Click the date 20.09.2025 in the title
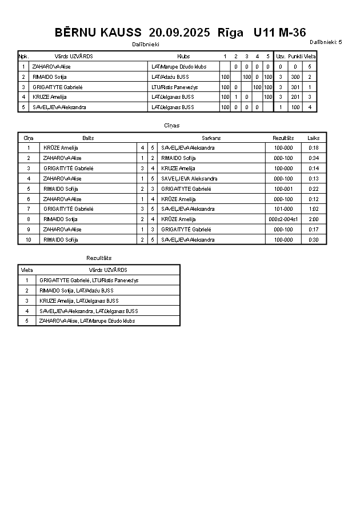[x=179, y=33]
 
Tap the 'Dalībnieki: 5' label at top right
[x=326, y=42]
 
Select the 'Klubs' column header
[x=183, y=57]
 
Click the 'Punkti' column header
[x=295, y=57]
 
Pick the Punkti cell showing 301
[x=295, y=87]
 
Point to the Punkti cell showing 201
[x=295, y=97]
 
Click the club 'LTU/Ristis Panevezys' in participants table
[x=174, y=87]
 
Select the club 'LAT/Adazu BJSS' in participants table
[x=170, y=77]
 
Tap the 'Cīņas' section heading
[x=171, y=125]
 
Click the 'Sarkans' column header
[x=211, y=138]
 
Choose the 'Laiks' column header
[x=313, y=138]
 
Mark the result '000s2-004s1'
[x=283, y=219]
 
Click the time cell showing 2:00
[x=313, y=219]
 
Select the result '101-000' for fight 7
[x=283, y=209]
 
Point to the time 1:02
[x=313, y=209]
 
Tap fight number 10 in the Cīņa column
[x=29, y=239]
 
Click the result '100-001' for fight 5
[x=283, y=189]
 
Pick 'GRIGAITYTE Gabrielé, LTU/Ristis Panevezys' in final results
[x=89, y=280]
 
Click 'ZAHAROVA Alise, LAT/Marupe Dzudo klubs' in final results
[x=87, y=321]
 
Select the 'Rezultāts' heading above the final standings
[x=99, y=258]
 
